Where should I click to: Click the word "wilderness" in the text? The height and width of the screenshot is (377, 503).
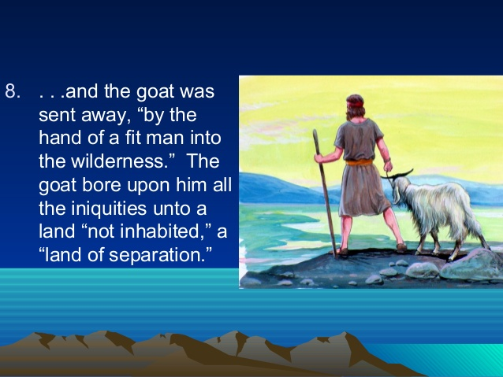[x=117, y=161]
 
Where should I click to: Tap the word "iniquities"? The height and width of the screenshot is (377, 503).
[x=109, y=209]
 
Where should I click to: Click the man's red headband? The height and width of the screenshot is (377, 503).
[x=355, y=104]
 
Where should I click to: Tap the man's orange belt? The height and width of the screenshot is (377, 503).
[x=360, y=162]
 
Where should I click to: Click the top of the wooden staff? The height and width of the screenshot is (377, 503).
[x=315, y=131]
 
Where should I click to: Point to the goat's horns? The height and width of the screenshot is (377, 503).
[x=398, y=175]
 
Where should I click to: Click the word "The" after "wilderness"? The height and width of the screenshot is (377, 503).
[x=203, y=161]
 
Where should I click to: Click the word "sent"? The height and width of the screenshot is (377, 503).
[x=58, y=115]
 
